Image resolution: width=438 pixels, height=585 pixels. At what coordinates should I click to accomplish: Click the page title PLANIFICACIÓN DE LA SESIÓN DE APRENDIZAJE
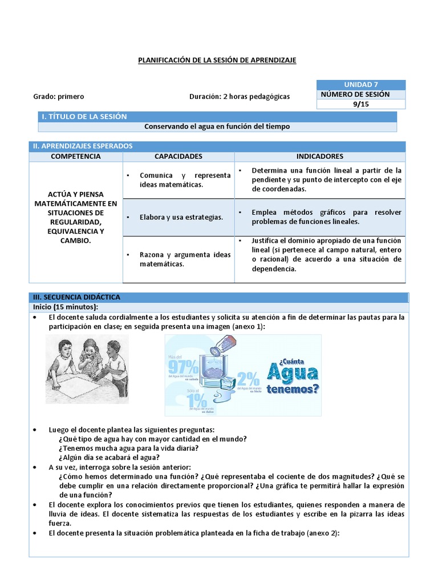pyautogui.click(x=217, y=60)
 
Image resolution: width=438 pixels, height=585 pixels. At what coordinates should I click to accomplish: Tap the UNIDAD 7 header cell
pyautogui.click(x=360, y=85)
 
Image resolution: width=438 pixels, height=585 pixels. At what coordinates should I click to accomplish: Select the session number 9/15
pyautogui.click(x=360, y=103)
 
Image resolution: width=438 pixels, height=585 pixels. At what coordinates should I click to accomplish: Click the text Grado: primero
pyautogui.click(x=59, y=97)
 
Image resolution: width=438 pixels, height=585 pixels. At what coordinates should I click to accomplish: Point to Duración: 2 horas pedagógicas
pyautogui.click(x=240, y=97)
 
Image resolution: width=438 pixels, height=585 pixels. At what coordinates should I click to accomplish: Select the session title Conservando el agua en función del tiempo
pyautogui.click(x=217, y=126)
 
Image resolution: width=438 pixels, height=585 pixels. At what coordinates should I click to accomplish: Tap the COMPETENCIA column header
pyautogui.click(x=75, y=156)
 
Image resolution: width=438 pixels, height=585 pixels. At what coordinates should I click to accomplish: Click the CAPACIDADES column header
pyautogui.click(x=178, y=156)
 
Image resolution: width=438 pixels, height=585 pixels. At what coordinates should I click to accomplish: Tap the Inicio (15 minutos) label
pyautogui.click(x=67, y=307)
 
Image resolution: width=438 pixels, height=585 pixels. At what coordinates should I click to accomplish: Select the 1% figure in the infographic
pyautogui.click(x=183, y=399)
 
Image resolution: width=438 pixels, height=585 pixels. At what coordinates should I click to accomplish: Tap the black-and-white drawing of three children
pyautogui.click(x=87, y=368)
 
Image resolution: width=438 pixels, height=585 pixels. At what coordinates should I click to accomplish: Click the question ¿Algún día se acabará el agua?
pyautogui.click(x=109, y=457)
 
